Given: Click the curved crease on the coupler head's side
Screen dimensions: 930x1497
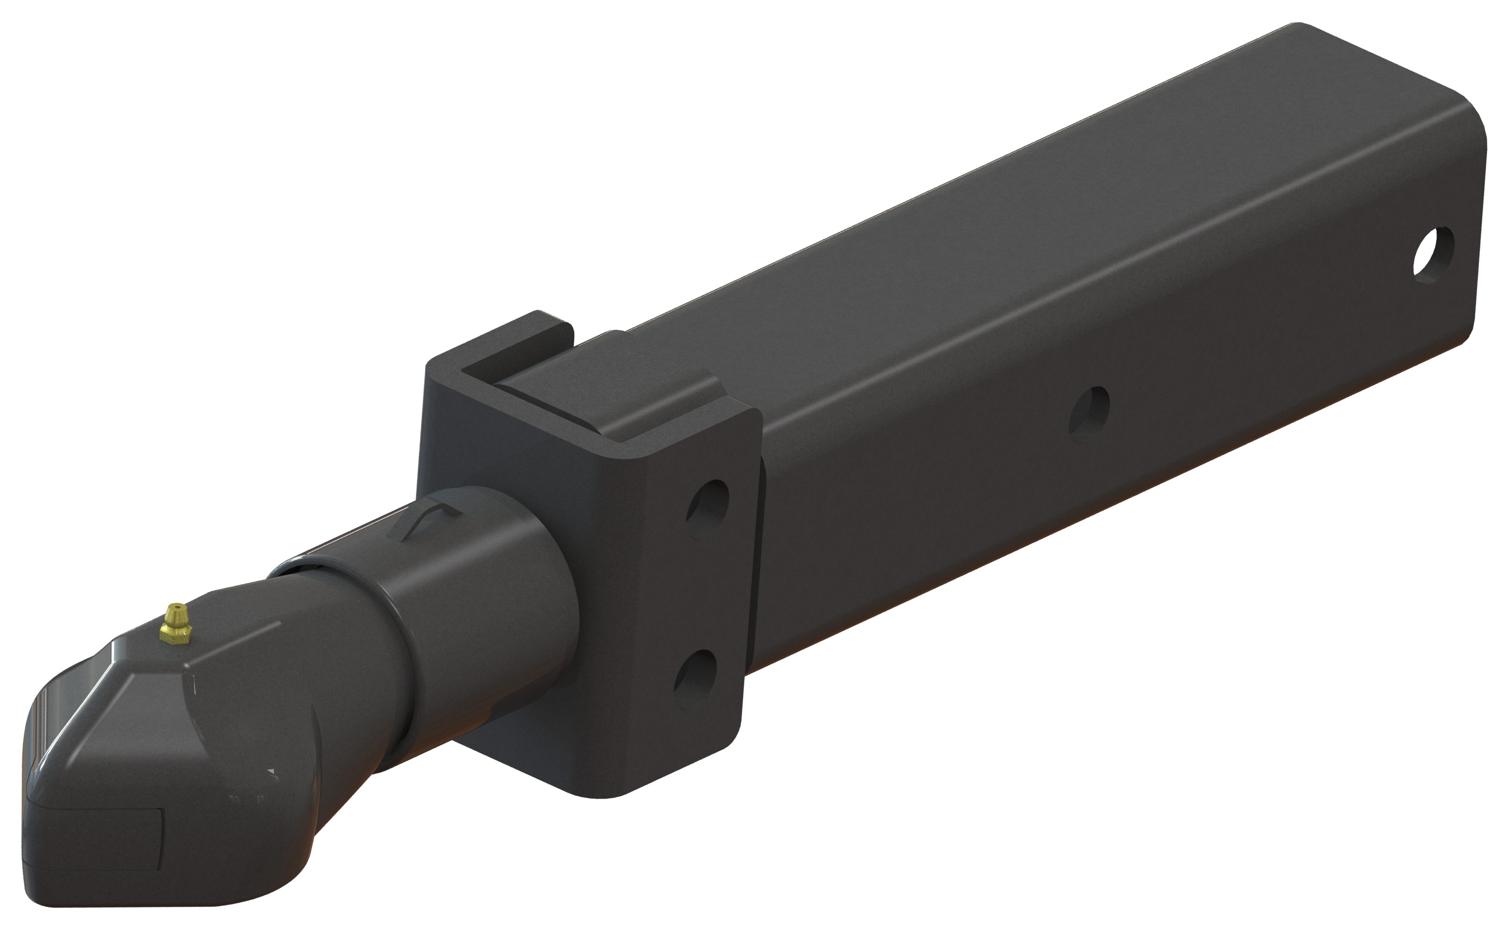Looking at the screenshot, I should [314, 738].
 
